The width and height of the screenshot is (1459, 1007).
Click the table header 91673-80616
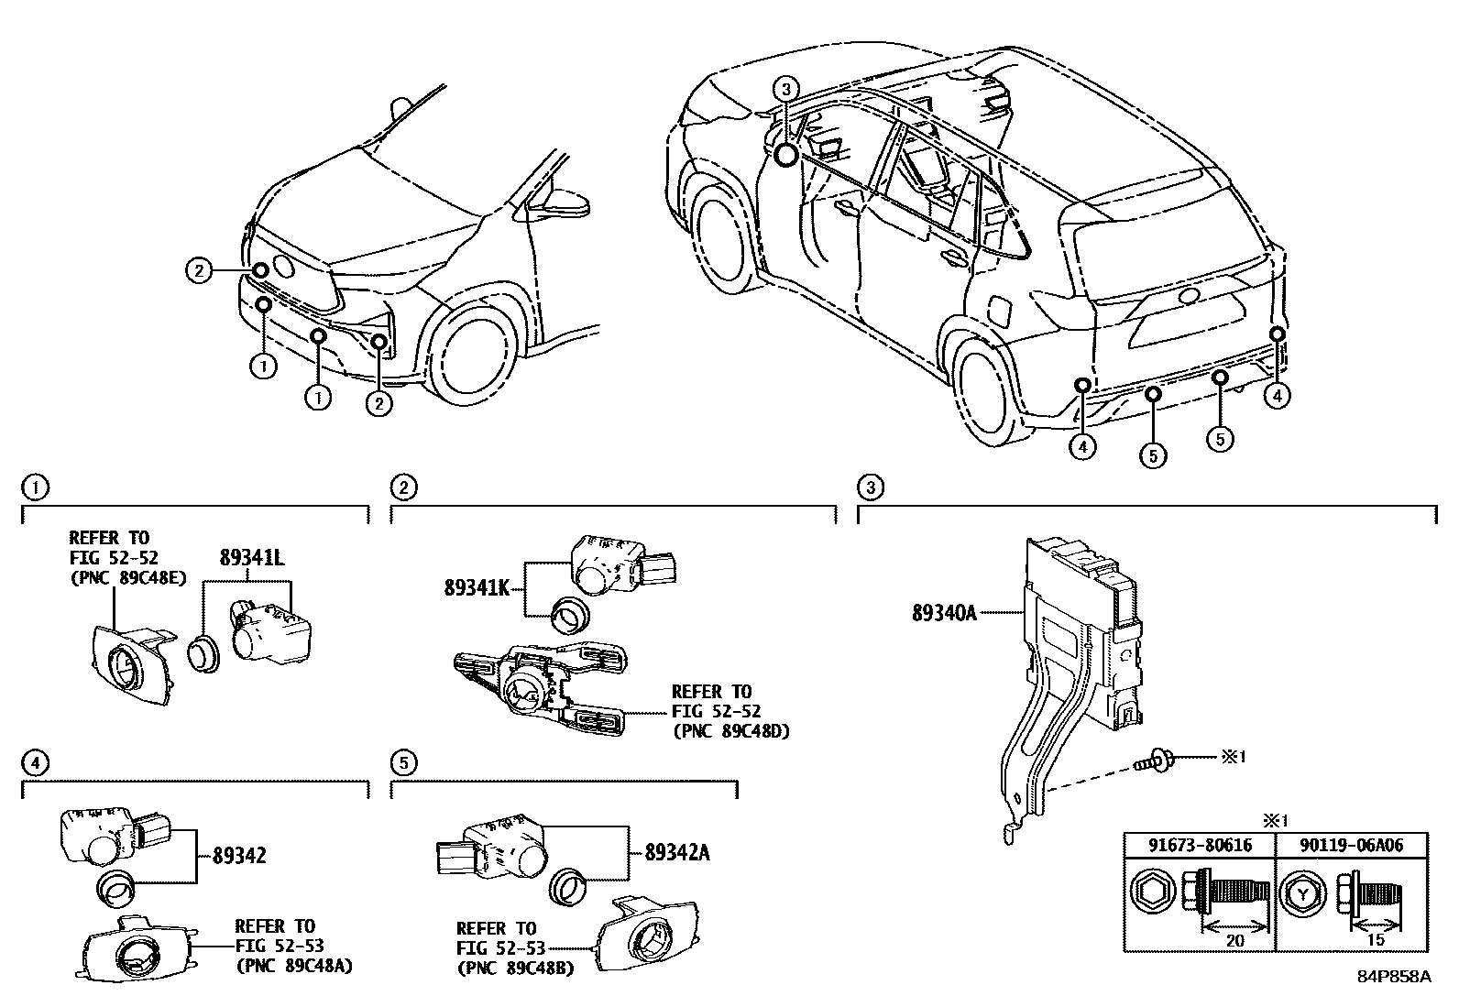(1199, 846)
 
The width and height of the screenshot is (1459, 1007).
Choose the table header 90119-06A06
(1352, 846)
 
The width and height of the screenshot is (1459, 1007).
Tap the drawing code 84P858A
(1394, 977)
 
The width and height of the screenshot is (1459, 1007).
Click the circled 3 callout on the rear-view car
(786, 89)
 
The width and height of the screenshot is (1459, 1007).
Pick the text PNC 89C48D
(730, 731)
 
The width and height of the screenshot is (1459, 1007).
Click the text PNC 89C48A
(294, 965)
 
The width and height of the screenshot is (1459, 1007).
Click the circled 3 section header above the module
(870, 487)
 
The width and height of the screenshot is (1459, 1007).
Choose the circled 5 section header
(402, 761)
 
